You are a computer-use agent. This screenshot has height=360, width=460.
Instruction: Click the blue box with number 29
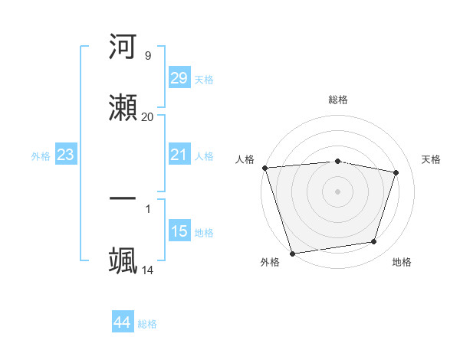point(179,77)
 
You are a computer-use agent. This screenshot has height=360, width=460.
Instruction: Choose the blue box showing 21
point(179,155)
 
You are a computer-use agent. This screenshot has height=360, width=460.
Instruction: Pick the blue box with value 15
point(179,231)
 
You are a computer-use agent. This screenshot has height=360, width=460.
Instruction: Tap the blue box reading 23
point(66,155)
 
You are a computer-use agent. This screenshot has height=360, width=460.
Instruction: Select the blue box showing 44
point(122,322)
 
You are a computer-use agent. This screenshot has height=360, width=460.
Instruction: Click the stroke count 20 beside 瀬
point(147,116)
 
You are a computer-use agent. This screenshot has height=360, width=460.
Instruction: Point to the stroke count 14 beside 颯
point(147,270)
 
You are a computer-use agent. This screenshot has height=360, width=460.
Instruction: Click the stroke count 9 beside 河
point(147,56)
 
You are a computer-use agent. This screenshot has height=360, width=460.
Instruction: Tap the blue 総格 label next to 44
point(147,324)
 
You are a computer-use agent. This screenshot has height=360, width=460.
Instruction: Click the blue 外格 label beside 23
point(41,156)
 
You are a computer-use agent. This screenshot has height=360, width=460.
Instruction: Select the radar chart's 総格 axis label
point(338,100)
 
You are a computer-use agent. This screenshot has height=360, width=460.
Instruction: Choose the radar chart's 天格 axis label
point(432,159)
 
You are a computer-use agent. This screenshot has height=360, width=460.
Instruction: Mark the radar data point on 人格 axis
point(264,168)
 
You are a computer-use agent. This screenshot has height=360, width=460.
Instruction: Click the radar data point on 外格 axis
point(292,253)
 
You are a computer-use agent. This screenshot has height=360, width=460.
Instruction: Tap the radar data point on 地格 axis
point(374,242)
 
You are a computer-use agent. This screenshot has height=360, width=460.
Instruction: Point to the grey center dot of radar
point(338,191)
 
